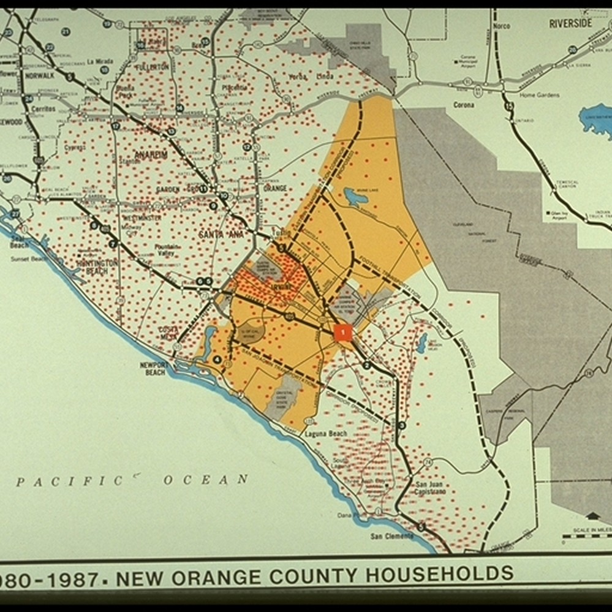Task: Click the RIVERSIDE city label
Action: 570,23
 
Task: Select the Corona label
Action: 463,105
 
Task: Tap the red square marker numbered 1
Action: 343,333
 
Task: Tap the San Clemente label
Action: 391,536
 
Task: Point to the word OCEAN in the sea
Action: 205,480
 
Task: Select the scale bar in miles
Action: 586,537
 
